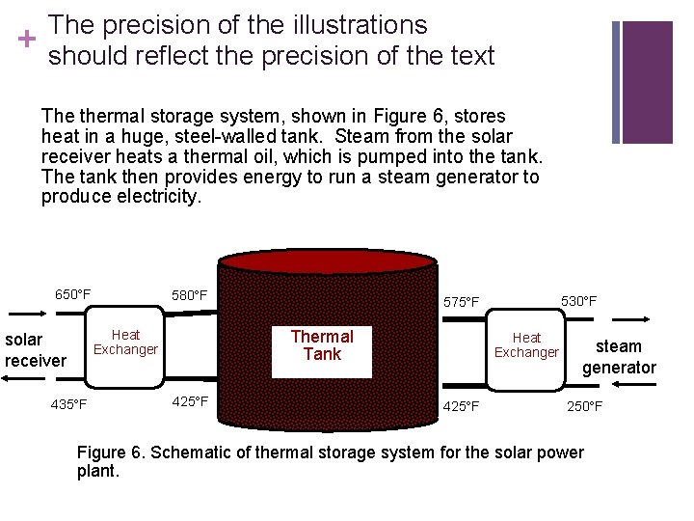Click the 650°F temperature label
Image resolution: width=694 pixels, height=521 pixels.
tap(72, 294)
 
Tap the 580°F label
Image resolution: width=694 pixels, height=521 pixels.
tap(189, 294)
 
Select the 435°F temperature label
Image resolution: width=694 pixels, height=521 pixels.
tap(68, 404)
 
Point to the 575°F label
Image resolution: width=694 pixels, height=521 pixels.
tap(461, 302)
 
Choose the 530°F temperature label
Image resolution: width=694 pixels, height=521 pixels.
tap(578, 302)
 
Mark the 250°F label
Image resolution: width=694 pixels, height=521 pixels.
tap(584, 406)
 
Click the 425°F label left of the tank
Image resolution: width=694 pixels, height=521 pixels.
tap(189, 401)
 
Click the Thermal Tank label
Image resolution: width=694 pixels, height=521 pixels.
tap(322, 345)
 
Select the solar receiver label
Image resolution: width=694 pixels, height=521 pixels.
tap(36, 350)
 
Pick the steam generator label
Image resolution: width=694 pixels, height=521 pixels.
tap(619, 357)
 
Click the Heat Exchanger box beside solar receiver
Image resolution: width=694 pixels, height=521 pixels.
tap(125, 343)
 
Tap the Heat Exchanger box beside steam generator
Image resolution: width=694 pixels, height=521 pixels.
tap(526, 345)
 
